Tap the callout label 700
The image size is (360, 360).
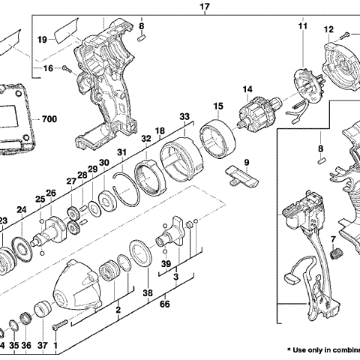(x=49, y=119)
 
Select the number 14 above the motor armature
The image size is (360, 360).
(x=245, y=91)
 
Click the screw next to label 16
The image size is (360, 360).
(x=66, y=68)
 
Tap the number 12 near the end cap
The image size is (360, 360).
(x=328, y=29)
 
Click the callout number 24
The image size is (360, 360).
(x=22, y=210)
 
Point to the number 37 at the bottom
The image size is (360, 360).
(x=43, y=346)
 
